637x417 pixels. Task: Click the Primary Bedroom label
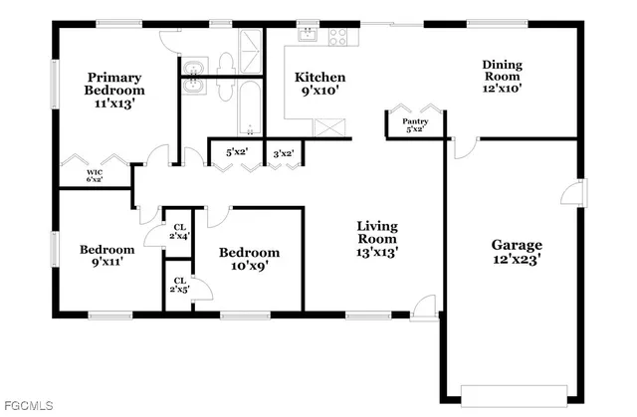(113, 90)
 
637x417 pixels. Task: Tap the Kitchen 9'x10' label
(320, 84)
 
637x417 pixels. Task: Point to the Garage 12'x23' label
(517, 252)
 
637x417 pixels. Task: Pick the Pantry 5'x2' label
(414, 124)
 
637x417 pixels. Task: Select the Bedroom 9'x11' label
(107, 256)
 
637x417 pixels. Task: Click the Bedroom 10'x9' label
(249, 259)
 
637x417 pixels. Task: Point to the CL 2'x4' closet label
(178, 231)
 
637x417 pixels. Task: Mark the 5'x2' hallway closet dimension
(236, 152)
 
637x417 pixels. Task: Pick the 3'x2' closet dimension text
(283, 152)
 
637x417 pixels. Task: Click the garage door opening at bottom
(516, 389)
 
